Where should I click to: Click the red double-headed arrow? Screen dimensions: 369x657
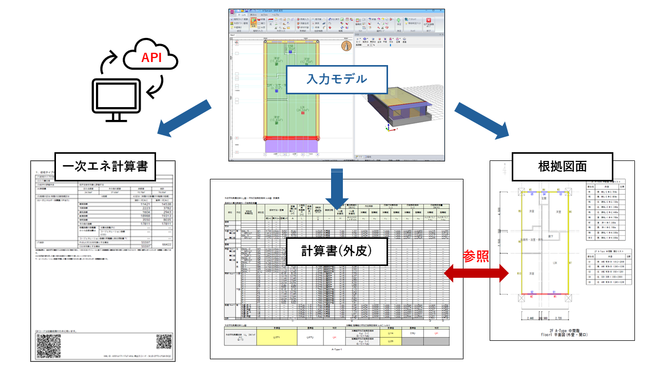pos(474,274)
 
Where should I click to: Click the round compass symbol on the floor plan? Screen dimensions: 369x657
pos(346,46)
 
